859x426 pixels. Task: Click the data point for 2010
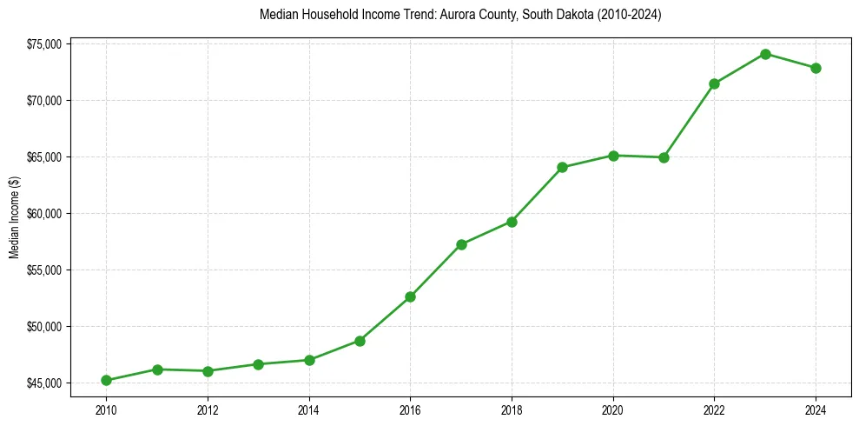click(106, 380)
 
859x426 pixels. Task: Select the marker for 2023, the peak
click(765, 54)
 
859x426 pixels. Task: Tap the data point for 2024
click(816, 68)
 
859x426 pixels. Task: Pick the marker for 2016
click(410, 296)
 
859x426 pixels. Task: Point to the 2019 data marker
click(562, 167)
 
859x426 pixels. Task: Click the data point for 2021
click(664, 157)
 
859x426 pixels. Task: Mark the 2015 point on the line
click(360, 341)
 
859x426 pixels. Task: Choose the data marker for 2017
click(461, 244)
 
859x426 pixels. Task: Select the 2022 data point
click(714, 83)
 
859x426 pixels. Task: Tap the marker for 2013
click(258, 364)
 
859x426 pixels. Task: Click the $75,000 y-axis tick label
click(43, 44)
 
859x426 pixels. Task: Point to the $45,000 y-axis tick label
click(43, 383)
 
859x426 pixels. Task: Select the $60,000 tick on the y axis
click(43, 214)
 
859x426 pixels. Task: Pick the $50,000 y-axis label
click(43, 327)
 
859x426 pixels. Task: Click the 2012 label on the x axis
click(208, 409)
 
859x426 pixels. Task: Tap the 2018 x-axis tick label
click(512, 409)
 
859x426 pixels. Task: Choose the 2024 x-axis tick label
click(816, 409)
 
